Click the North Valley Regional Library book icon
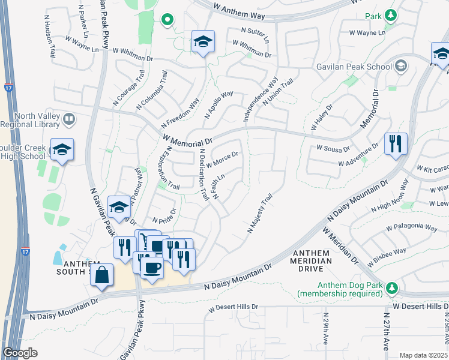[x=69, y=119]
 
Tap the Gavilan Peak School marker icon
[x=400, y=65]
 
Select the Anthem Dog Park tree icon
[x=392, y=288]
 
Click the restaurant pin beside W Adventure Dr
[x=396, y=144]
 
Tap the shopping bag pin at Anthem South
[x=103, y=275]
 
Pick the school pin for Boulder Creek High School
[x=62, y=150]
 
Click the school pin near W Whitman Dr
[x=203, y=42]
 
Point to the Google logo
[x=20, y=353]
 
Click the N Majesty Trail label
[x=260, y=213]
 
